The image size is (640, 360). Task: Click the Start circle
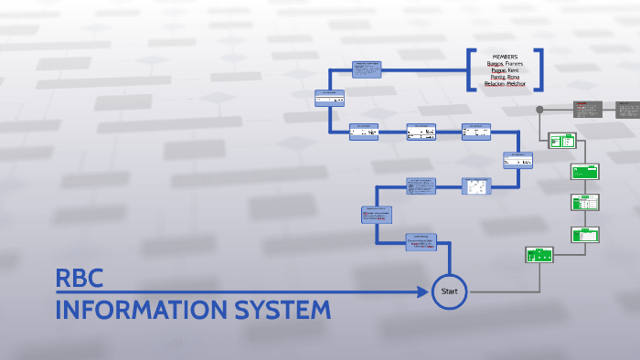point(449,291)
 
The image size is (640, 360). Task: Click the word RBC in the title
point(80,278)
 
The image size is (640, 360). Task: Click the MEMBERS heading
point(505,57)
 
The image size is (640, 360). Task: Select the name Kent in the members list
point(514,70)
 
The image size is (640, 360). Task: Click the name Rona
point(512,78)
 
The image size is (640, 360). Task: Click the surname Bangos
point(495,63)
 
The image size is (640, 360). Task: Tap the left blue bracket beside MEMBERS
point(471,70)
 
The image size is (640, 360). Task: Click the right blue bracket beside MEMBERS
point(539,70)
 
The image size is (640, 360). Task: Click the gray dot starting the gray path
point(539,110)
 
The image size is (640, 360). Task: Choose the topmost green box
point(561,141)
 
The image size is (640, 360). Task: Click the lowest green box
point(539,255)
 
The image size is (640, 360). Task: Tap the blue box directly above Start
point(421,242)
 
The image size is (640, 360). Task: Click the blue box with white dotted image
point(476,186)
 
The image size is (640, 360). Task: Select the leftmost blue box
point(329,98)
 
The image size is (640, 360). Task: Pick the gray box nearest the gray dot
point(586,110)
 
